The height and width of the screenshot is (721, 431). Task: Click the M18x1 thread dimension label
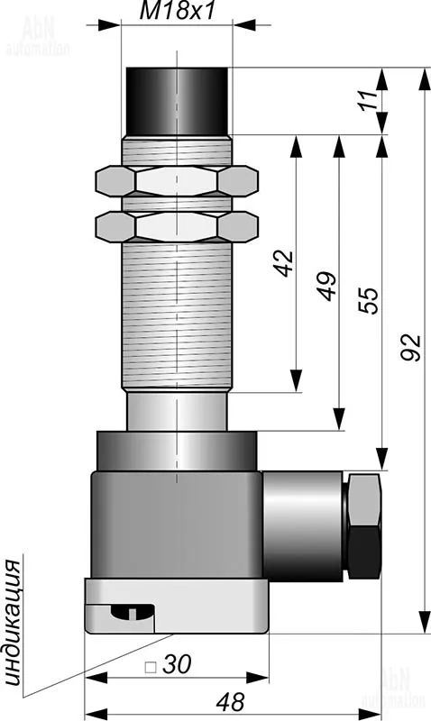(177, 11)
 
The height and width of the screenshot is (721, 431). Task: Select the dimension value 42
(285, 263)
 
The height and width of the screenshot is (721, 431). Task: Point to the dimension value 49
(327, 286)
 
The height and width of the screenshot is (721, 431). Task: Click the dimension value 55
(369, 300)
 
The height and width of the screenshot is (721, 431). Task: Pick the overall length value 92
(410, 347)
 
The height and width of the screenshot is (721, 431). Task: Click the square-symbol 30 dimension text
(168, 665)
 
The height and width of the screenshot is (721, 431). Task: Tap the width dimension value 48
(230, 702)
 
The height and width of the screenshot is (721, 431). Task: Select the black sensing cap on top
(177, 102)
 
